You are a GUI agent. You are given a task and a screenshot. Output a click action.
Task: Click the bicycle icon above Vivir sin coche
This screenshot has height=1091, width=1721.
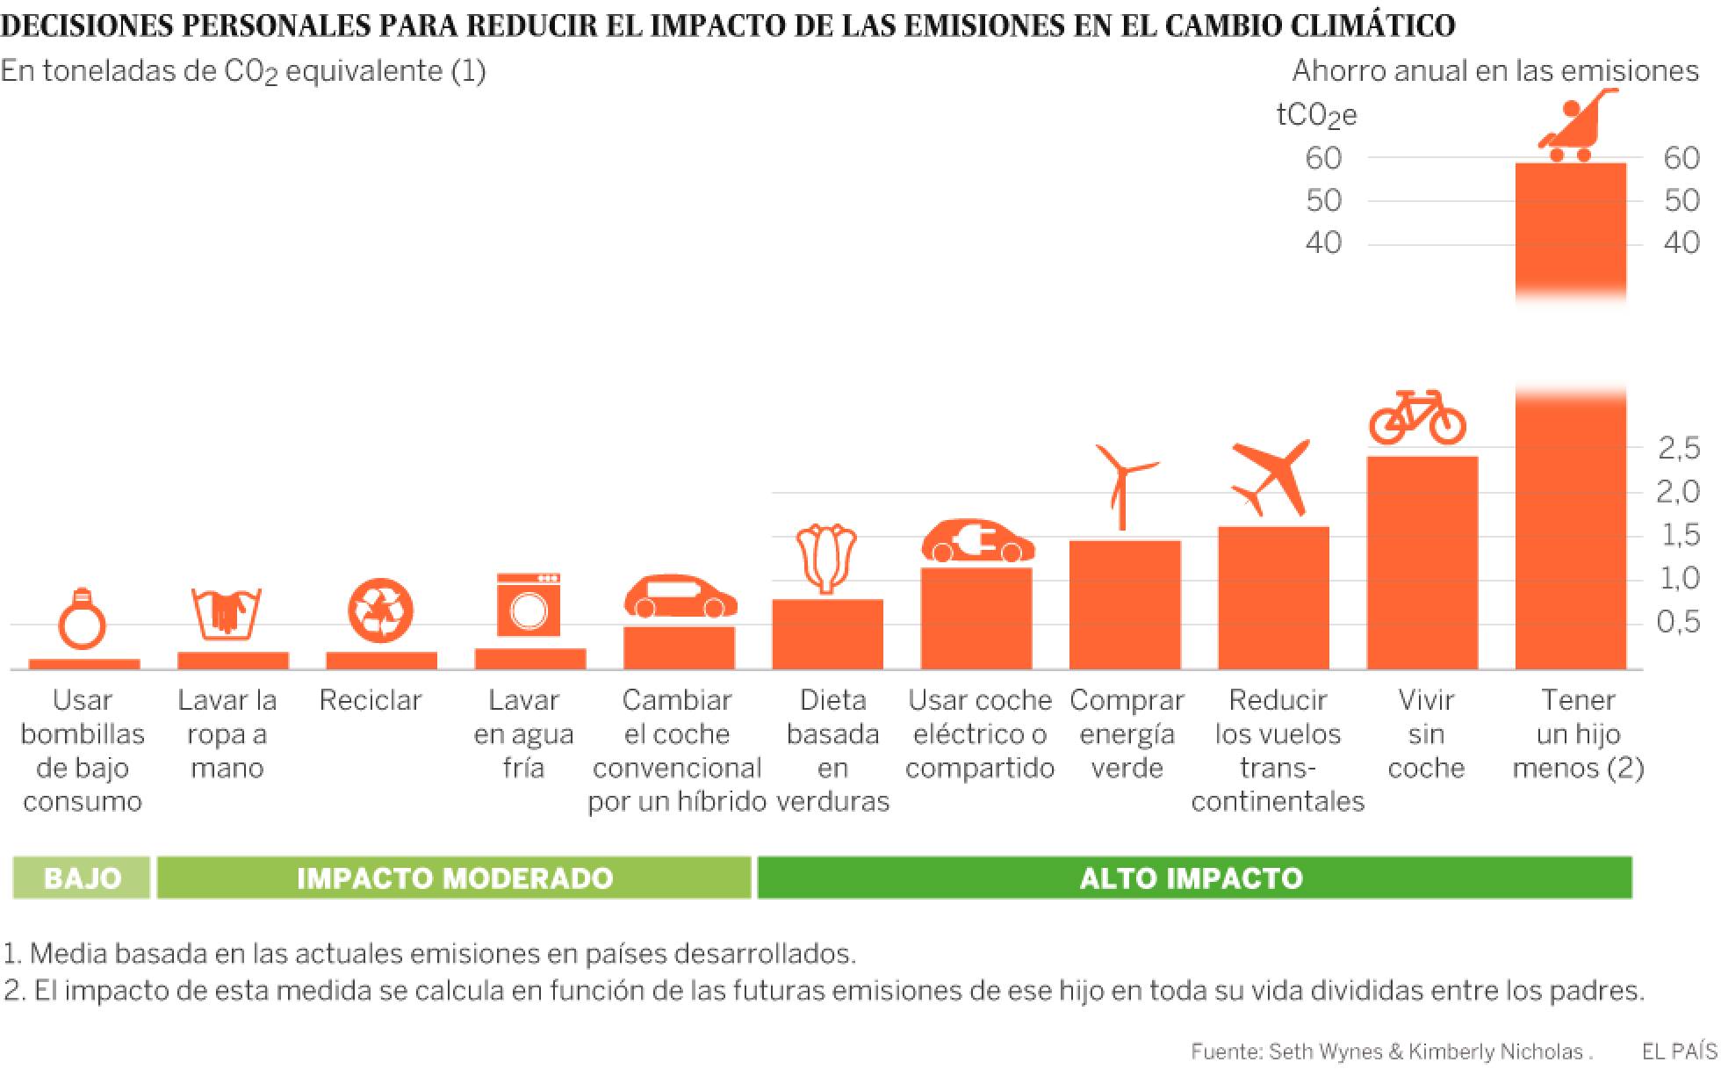pyautogui.click(x=1417, y=417)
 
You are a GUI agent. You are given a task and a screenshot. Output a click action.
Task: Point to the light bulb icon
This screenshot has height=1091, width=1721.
pyautogui.click(x=82, y=618)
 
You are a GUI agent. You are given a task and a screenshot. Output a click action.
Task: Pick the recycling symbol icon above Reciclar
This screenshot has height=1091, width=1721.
pyautogui.click(x=379, y=608)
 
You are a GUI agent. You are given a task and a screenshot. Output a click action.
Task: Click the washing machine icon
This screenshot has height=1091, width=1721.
pyautogui.click(x=528, y=605)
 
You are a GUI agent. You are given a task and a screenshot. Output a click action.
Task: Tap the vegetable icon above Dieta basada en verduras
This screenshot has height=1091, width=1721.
pyautogui.click(x=826, y=559)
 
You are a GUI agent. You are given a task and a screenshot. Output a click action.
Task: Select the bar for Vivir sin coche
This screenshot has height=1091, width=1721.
pyautogui.click(x=1422, y=562)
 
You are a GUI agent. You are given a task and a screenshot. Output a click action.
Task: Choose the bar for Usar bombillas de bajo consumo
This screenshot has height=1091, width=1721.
pyautogui.click(x=84, y=664)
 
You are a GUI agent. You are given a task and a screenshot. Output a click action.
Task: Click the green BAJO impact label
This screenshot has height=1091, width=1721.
pyautogui.click(x=82, y=878)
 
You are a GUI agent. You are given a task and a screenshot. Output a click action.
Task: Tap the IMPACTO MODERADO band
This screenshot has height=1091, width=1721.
pyautogui.click(x=454, y=878)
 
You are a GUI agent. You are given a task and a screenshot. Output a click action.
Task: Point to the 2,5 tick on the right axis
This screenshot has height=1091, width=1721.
pyautogui.click(x=1678, y=450)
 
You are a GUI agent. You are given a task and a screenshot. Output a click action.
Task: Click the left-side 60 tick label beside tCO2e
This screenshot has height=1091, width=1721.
pyautogui.click(x=1323, y=158)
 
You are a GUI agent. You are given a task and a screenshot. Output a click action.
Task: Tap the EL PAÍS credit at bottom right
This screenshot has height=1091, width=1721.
pyautogui.click(x=1678, y=1051)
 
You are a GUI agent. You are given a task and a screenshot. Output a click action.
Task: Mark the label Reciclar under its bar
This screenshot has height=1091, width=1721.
pyautogui.click(x=371, y=700)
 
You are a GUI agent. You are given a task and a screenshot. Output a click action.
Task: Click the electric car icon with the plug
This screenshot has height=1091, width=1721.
pyautogui.click(x=977, y=542)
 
